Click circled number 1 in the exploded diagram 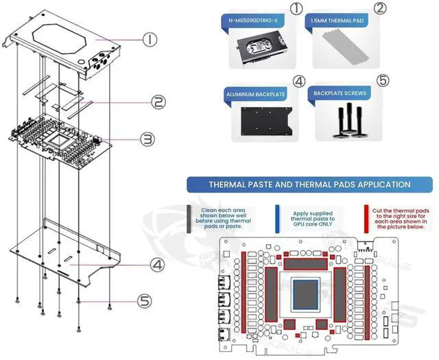pos(152,40)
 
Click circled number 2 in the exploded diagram pos(158,103)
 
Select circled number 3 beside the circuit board pos(147,140)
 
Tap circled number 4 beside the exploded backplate pos(157,264)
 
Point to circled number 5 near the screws pos(144,300)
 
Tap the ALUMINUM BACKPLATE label pos(257,92)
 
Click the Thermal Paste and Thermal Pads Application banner pos(309,184)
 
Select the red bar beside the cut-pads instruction pos(364,217)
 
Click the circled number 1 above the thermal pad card pos(296,9)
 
